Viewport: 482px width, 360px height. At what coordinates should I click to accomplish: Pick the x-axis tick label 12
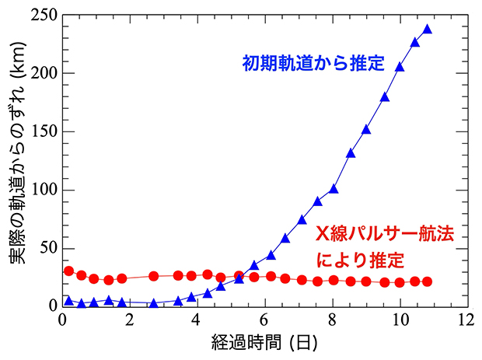pos(466,320)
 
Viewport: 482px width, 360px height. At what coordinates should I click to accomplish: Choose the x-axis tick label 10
pos(400,320)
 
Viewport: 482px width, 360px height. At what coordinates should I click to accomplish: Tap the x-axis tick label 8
pos(332,320)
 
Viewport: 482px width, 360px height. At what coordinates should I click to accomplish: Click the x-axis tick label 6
pos(264,320)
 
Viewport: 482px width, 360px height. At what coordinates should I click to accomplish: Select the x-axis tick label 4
pos(197,320)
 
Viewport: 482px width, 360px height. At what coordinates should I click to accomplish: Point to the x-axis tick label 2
pos(130,320)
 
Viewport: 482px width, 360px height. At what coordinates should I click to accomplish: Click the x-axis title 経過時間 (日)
pos(264,342)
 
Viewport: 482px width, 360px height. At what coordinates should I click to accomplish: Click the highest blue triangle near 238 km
pos(427,29)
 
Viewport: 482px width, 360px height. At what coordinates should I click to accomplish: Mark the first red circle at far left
pos(68,271)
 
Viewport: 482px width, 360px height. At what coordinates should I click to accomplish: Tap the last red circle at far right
pos(427,281)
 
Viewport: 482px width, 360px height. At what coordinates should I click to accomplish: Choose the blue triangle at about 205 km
pos(400,67)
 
